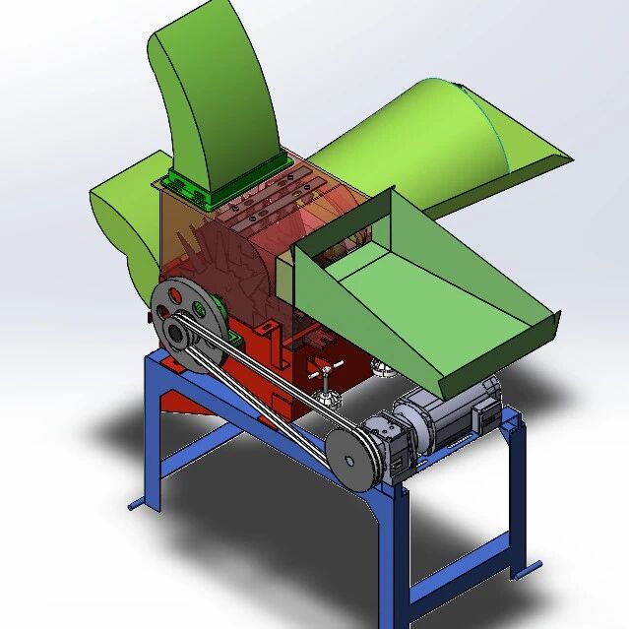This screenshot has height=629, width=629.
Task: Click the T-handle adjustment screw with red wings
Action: click(324, 379)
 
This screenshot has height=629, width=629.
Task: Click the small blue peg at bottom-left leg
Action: click(138, 505)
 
